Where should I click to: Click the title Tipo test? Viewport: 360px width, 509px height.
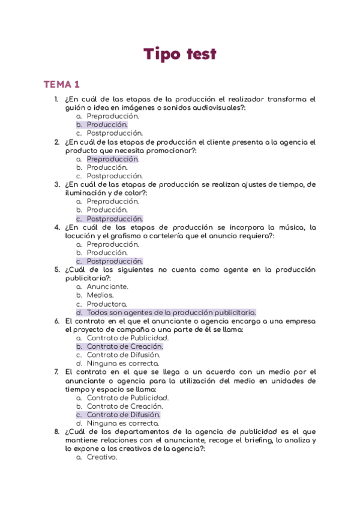179,54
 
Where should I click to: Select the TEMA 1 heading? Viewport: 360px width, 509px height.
62,85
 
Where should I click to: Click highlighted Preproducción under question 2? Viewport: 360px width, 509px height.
112,159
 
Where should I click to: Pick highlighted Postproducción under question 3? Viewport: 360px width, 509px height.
115,219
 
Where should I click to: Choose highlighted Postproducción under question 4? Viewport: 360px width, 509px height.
115,261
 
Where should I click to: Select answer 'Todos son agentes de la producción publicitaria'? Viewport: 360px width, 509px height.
171,312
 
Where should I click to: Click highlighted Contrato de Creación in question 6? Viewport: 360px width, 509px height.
125,346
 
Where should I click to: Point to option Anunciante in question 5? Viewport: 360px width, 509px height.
107,287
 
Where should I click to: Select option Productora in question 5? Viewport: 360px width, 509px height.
106,304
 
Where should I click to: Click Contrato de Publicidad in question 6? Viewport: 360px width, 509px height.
127,338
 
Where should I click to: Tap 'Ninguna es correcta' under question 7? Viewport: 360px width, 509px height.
122,423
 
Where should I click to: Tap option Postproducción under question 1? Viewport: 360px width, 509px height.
115,133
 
